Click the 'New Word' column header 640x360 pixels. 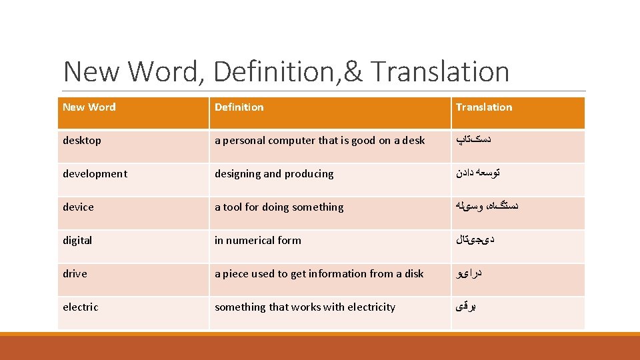(x=89, y=107)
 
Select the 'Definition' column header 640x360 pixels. (x=239, y=107)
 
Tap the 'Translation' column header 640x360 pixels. (x=484, y=107)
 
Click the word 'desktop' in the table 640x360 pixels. (x=82, y=141)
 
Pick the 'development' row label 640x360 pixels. (x=95, y=174)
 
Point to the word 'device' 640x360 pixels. (x=78, y=207)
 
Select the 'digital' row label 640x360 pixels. (x=77, y=241)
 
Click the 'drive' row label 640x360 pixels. (x=75, y=274)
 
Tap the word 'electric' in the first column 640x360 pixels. (x=80, y=307)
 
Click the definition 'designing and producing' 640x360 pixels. (x=274, y=174)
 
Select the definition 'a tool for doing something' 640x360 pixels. (x=279, y=207)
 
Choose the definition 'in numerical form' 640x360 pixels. (x=257, y=241)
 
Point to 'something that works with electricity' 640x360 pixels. (x=305, y=307)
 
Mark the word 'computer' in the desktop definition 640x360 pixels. (x=291, y=141)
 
